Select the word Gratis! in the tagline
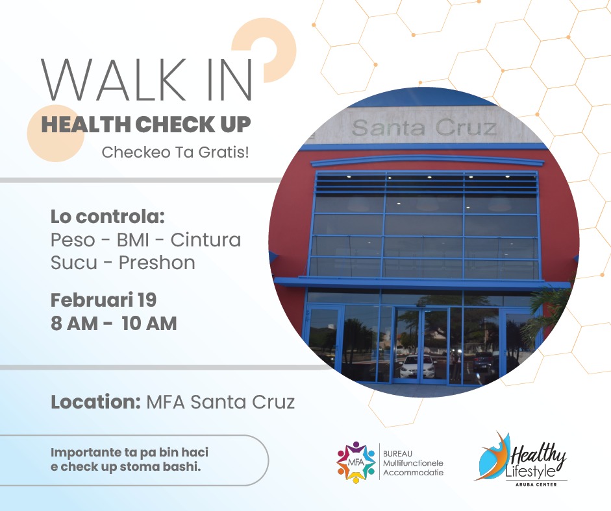pos(223,152)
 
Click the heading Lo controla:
pos(108,217)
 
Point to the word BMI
pos(133,240)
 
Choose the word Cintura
pos(206,240)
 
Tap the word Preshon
pos(156,263)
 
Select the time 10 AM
pos(149,324)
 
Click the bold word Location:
pos(95,402)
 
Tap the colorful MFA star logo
pos(356,462)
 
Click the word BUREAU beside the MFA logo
pos(397,454)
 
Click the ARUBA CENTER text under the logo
pos(536,484)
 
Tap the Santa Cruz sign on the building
pos(424,128)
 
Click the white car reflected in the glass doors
pos(418,366)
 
